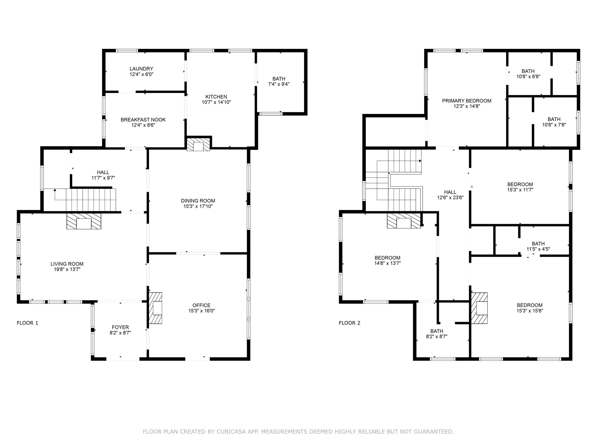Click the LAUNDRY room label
(141, 69)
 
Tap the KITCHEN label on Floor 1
(216, 97)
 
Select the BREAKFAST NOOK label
(143, 120)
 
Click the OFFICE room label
(201, 305)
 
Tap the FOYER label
(120, 327)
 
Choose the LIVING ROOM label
(67, 264)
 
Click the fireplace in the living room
(84, 221)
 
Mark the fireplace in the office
(156, 308)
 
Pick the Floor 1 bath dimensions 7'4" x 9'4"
(279, 84)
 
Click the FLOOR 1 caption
(28, 323)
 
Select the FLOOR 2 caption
(350, 323)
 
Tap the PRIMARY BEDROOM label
(467, 101)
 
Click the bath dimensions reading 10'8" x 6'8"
(528, 77)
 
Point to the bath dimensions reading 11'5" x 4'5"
(538, 249)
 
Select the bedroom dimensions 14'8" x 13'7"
(387, 263)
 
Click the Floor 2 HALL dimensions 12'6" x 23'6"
(450, 197)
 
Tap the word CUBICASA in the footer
(231, 432)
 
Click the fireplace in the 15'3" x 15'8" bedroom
(479, 308)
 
